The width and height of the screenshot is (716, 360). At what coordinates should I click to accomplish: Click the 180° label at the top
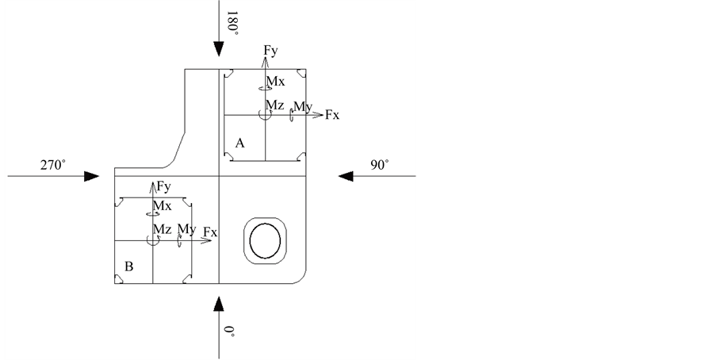click(233, 21)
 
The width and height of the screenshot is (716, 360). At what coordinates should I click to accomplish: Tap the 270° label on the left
click(53, 165)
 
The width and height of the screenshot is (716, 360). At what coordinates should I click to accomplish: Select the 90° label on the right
click(380, 165)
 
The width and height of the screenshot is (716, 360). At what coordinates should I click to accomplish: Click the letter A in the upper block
click(239, 142)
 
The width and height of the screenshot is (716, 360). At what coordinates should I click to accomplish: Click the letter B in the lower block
click(128, 267)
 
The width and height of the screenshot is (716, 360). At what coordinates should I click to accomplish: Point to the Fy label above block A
click(271, 51)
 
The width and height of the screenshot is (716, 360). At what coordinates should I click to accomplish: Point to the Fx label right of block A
click(331, 116)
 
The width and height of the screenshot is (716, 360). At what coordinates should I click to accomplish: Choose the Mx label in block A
click(275, 82)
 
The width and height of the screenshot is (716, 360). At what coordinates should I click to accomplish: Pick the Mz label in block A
click(274, 105)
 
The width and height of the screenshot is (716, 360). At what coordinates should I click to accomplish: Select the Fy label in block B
click(164, 187)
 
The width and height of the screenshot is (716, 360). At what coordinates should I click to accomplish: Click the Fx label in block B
click(210, 232)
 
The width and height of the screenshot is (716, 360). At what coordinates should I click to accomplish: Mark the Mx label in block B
click(162, 206)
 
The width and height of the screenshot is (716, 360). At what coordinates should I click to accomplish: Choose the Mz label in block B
click(162, 229)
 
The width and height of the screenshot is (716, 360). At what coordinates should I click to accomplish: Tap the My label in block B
click(187, 229)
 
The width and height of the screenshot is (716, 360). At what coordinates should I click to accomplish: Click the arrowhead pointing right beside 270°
click(92, 176)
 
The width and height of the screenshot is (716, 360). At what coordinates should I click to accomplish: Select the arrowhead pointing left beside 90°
click(346, 176)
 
